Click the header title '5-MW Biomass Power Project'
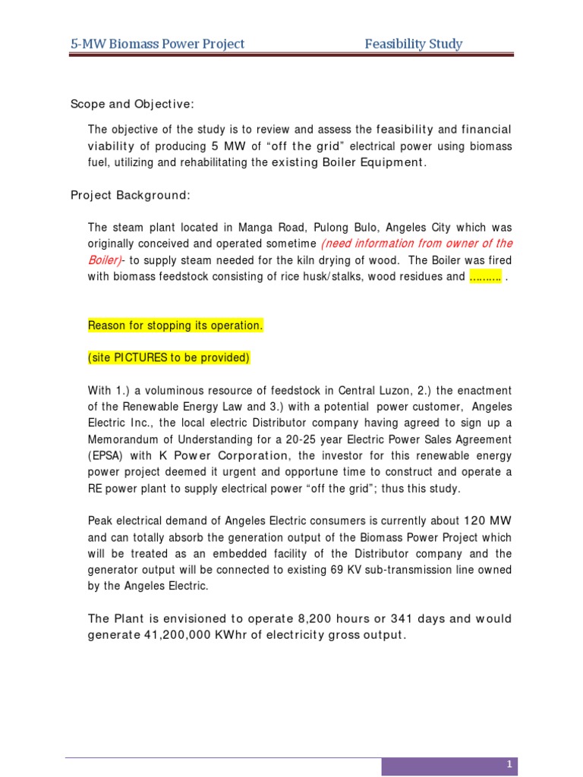(158, 44)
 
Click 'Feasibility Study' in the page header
(413, 44)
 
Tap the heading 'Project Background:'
(131, 195)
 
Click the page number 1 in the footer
(510, 764)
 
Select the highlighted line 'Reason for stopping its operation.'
(176, 326)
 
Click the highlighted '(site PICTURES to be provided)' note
(169, 357)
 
